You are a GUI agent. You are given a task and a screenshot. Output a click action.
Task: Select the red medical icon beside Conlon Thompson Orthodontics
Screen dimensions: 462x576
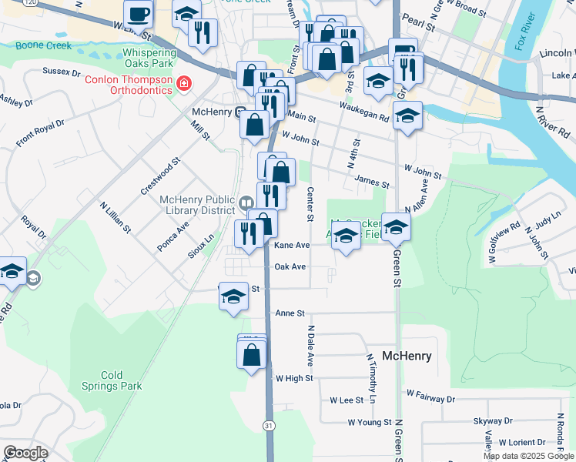[183, 82]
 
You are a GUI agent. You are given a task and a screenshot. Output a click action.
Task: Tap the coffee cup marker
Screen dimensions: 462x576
[139, 14]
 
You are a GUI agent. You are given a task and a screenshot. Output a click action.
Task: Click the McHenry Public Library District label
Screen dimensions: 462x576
[197, 204]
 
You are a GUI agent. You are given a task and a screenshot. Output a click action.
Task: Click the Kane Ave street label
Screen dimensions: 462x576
[292, 246]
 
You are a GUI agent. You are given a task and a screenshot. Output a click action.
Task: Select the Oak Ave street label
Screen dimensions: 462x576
[290, 267]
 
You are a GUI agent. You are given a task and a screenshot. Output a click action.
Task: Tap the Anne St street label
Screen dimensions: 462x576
[290, 313]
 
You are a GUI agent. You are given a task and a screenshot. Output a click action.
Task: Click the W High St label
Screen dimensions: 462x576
[294, 378]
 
